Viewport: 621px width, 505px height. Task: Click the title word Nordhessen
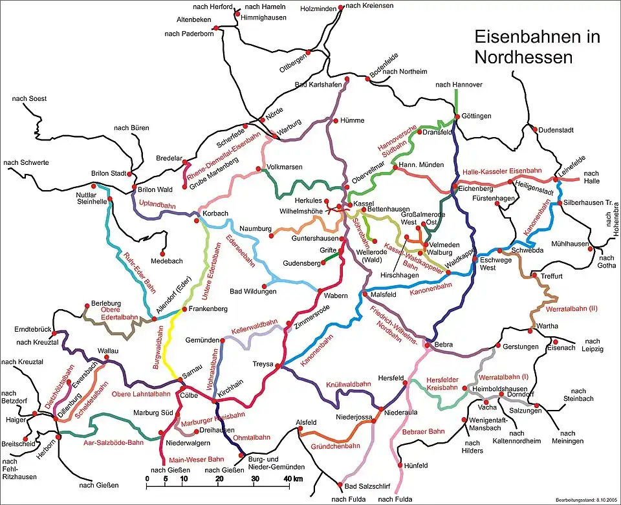pyautogui.click(x=523, y=57)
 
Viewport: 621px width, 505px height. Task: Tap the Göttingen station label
pyautogui.click(x=477, y=116)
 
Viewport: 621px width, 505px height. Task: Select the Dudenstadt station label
pyautogui.click(x=556, y=129)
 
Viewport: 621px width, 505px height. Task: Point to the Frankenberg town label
pyautogui.click(x=208, y=310)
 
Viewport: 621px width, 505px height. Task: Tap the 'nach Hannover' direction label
pyautogui.click(x=459, y=85)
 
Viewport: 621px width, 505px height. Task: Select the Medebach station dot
pyautogui.click(x=164, y=252)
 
